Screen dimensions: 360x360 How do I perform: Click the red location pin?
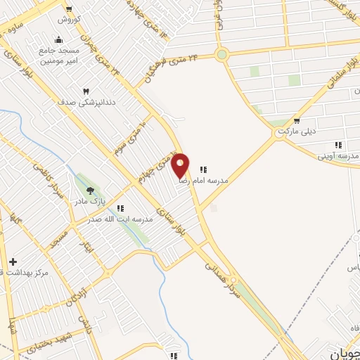pyautogui.click(x=181, y=166)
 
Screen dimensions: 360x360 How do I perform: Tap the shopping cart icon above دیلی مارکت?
pyautogui.click(x=297, y=122)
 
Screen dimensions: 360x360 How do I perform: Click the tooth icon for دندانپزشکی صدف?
pyautogui.click(x=86, y=91)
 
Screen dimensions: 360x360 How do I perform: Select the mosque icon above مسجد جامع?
pyautogui.click(x=58, y=39)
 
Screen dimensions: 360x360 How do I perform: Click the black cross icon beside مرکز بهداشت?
pyautogui.click(x=12, y=262)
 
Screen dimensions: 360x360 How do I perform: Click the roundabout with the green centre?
pyautogui.click(x=222, y=54)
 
